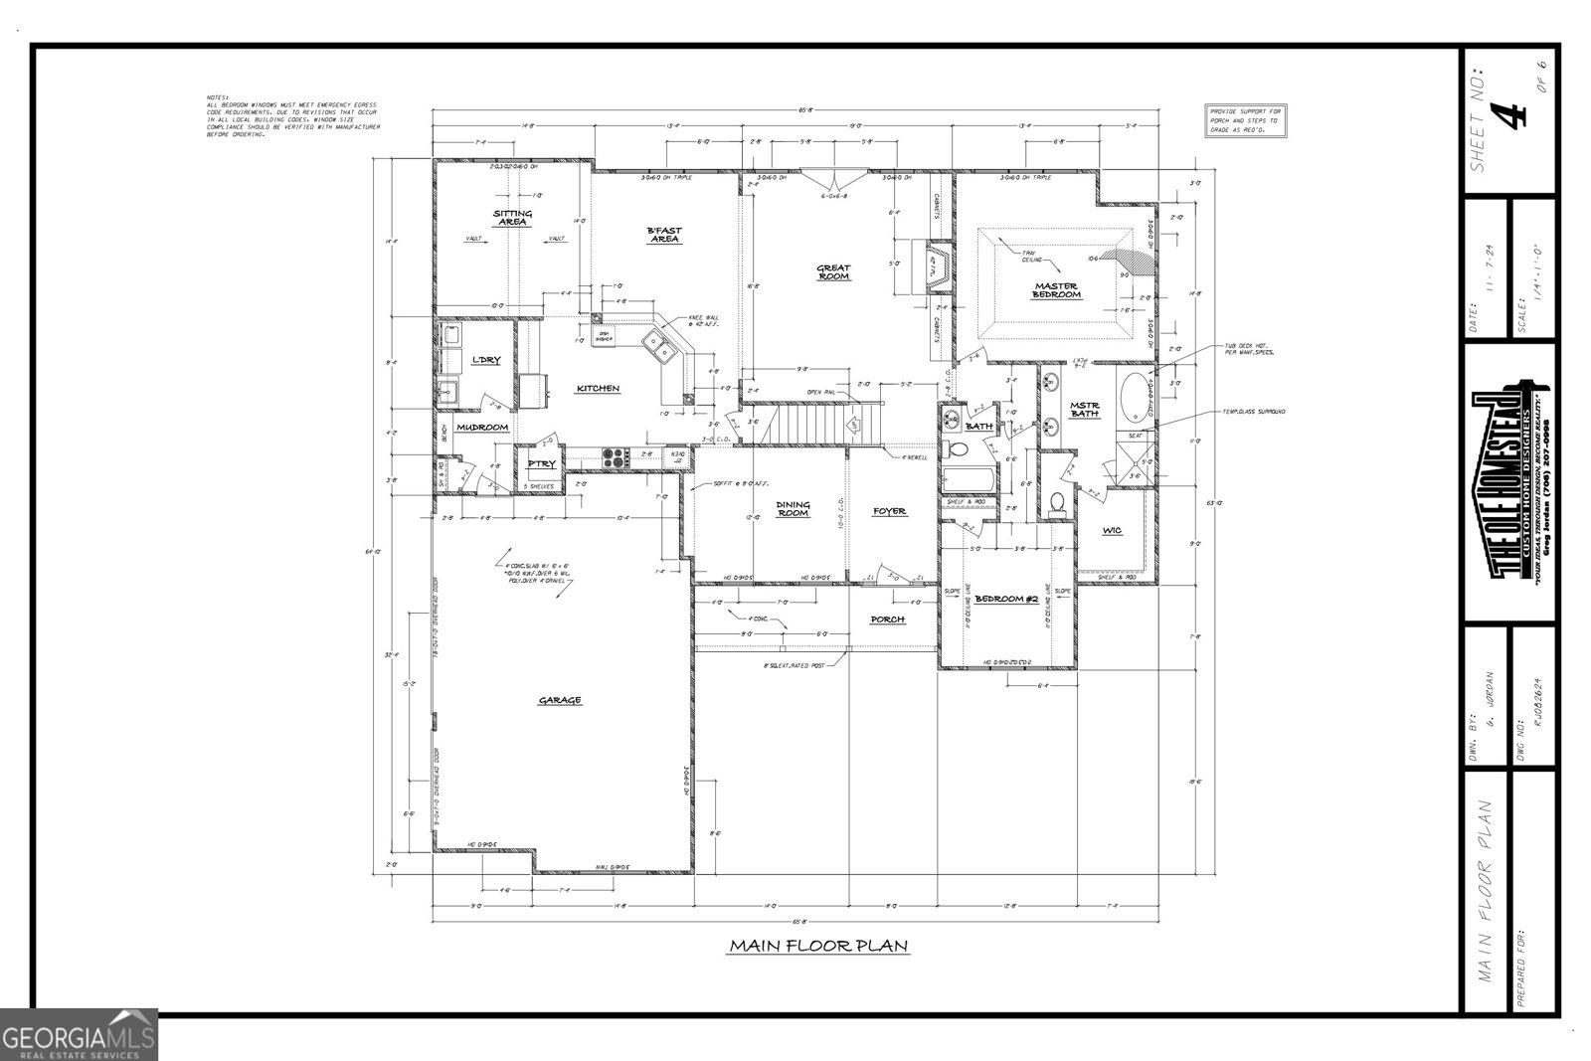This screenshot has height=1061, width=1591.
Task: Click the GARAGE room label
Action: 560,700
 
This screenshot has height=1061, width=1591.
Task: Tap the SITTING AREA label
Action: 513,218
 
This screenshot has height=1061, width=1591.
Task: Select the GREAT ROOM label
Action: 833,270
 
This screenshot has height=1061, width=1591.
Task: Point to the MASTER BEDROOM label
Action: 1057,290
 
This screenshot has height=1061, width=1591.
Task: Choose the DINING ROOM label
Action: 793,509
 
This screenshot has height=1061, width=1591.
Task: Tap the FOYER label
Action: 889,511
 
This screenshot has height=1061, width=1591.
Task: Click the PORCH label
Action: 887,619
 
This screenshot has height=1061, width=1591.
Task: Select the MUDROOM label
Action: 482,428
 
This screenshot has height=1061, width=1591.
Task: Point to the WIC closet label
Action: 1112,531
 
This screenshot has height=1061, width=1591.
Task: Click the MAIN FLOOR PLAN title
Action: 817,946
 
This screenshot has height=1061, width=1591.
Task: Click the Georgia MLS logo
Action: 79,1034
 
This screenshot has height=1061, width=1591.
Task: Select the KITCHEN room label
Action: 598,389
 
